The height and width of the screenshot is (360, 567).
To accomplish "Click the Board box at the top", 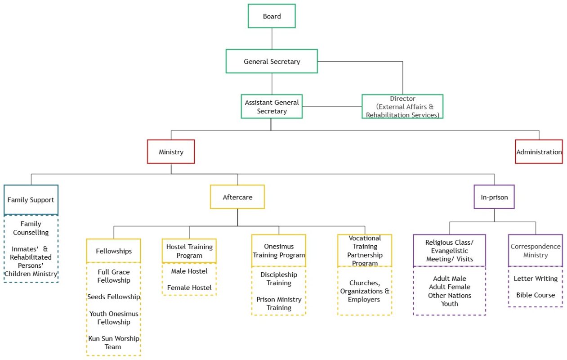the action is coord(272,16).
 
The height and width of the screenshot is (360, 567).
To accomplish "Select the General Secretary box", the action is coord(272,61).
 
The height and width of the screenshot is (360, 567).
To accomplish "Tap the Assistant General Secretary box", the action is coord(272,106).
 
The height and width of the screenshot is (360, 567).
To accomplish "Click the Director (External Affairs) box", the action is coord(402,106).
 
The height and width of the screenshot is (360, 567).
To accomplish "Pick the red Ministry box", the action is coord(171,152).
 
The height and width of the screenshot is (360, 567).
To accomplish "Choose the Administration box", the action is coord(539,152).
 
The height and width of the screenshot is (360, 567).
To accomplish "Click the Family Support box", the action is coord(31,200).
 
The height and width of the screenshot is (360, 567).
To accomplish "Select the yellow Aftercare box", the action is coord(237,197).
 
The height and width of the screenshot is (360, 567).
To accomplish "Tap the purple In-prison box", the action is coord(494,197).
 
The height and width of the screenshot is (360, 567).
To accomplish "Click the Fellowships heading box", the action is coord(113,251).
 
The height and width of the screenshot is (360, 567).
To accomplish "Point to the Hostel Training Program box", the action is coord(189,251).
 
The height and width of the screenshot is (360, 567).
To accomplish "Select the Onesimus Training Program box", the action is coord(279,251).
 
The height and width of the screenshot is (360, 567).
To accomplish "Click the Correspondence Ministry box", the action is coord(536,251).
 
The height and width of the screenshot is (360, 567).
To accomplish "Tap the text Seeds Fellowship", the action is coord(114,297).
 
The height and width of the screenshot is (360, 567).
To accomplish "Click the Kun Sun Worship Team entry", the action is coord(114,342).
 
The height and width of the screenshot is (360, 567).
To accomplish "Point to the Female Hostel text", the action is coord(189,288).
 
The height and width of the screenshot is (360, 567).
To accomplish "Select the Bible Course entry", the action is coord(536,295).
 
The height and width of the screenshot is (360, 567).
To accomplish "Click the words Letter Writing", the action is coord(536,279).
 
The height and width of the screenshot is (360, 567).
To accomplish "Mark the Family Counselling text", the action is coord(31,228).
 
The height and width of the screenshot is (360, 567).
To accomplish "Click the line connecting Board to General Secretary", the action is coord(272,39).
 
